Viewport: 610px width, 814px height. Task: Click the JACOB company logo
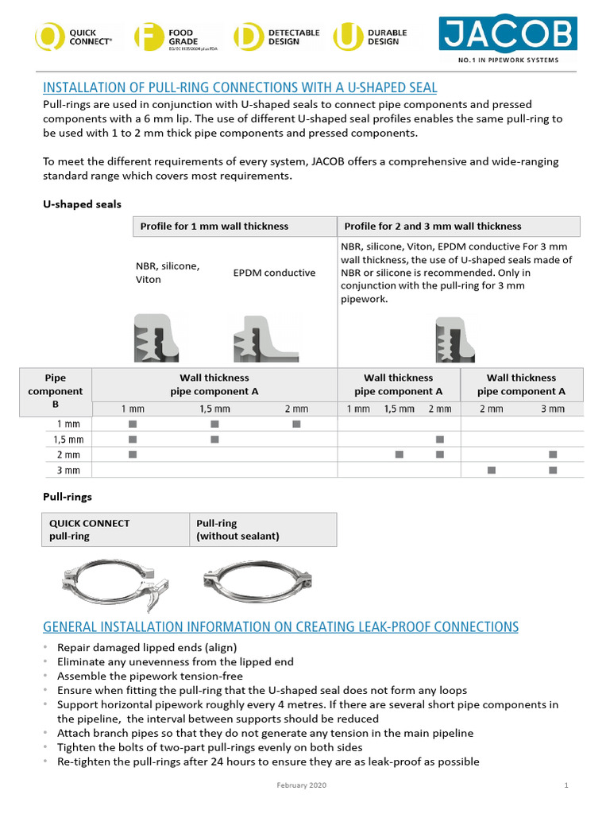pyautogui.click(x=508, y=35)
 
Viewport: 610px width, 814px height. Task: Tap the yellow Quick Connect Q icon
pyautogui.click(x=48, y=37)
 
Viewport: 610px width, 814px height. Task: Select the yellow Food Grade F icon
pyautogui.click(x=148, y=37)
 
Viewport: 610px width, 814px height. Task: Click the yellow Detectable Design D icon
pyautogui.click(x=247, y=37)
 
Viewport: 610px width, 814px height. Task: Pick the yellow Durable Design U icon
pyautogui.click(x=346, y=37)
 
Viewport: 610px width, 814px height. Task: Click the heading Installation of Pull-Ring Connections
pyautogui.click(x=239, y=87)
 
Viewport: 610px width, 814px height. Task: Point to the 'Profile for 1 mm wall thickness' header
pyautogui.click(x=214, y=227)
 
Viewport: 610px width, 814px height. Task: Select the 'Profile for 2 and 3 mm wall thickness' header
pyautogui.click(x=432, y=227)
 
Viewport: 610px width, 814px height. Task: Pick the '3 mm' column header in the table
pyautogui.click(x=553, y=409)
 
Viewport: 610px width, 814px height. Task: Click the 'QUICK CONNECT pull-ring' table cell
pyautogui.click(x=114, y=529)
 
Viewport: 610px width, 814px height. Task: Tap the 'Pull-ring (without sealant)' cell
pyautogui.click(x=262, y=529)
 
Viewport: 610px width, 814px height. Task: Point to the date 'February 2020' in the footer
pyautogui.click(x=301, y=785)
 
